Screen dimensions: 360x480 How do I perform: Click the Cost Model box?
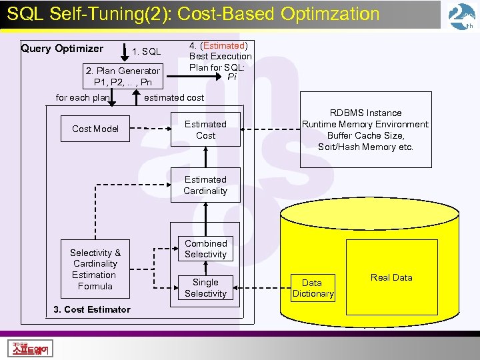coord(95,129)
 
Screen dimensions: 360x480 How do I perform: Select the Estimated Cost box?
coord(205,129)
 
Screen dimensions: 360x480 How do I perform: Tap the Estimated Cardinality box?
coord(205,185)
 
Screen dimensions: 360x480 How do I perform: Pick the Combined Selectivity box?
coord(205,249)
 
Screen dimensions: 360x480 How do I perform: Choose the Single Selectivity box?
coord(205,287)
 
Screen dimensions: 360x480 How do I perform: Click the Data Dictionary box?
coord(313,288)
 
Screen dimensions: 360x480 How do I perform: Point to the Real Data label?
coord(391,277)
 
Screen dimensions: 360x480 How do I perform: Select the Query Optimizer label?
coord(62,48)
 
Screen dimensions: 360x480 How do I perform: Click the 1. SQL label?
coord(147,51)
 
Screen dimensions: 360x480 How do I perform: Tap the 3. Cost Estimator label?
coord(93,309)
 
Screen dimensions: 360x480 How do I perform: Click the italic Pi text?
coord(231,77)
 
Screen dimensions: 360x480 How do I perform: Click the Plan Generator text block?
coord(123,77)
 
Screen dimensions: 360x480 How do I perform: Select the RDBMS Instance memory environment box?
coord(365,129)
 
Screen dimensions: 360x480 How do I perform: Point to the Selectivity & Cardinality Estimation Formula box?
coord(95,269)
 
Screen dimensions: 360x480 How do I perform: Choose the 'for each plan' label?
coord(83,97)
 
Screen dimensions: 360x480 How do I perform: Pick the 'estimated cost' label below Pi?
coord(174,97)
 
